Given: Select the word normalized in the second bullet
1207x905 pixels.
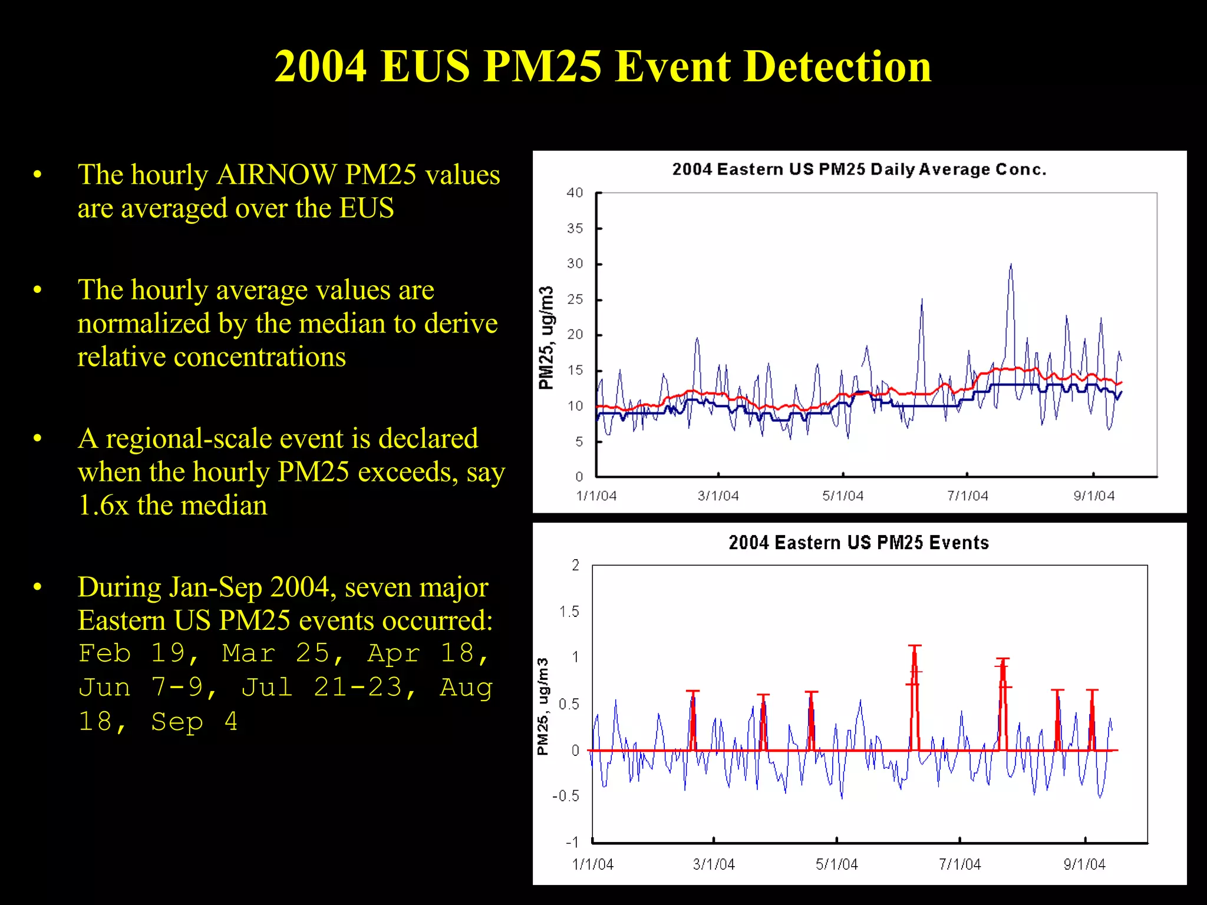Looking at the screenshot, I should [144, 323].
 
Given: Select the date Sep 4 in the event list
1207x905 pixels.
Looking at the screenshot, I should [194, 722].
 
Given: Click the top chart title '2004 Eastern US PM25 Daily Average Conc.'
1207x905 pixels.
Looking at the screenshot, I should [859, 170].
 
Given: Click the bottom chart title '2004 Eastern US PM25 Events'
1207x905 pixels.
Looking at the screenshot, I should [859, 543].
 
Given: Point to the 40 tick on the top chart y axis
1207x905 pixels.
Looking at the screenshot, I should [575, 193].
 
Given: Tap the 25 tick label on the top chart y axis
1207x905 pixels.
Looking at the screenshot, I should [575, 299].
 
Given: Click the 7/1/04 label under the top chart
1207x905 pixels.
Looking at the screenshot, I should [967, 496].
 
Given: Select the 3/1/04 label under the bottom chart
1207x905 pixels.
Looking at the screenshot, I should [714, 864].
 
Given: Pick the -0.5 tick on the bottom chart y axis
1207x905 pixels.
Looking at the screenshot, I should [566, 796].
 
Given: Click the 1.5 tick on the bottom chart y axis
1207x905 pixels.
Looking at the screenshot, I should [569, 612].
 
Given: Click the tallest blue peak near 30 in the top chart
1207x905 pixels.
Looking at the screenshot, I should [1011, 266].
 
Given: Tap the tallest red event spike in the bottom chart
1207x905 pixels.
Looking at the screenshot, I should [915, 648].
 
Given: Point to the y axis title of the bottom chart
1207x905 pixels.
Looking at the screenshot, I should [543, 706].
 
